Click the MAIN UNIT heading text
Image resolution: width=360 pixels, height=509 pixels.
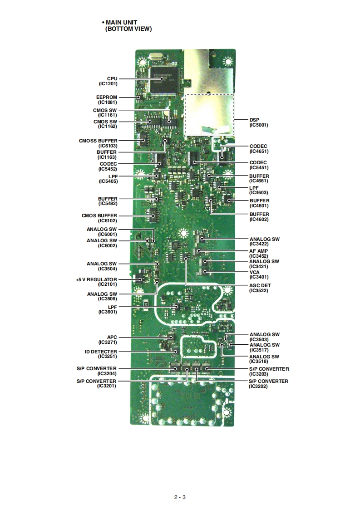121,22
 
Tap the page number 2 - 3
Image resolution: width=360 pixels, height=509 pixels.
180,497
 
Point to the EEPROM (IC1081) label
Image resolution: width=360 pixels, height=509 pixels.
107,99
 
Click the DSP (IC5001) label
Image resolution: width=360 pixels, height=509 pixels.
259,122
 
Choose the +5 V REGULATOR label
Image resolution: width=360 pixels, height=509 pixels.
97,282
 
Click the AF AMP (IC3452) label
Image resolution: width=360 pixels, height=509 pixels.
259,253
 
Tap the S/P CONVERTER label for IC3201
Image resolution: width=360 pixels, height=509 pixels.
96,383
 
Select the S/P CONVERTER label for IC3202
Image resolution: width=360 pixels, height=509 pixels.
268,383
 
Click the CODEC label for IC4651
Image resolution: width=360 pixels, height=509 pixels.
258,149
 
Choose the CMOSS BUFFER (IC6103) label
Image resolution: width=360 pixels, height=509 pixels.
98,143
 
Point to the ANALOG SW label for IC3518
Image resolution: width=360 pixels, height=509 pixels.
264,359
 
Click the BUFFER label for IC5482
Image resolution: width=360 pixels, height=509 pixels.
108,201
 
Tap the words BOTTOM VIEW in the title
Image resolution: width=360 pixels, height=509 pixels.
128,29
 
